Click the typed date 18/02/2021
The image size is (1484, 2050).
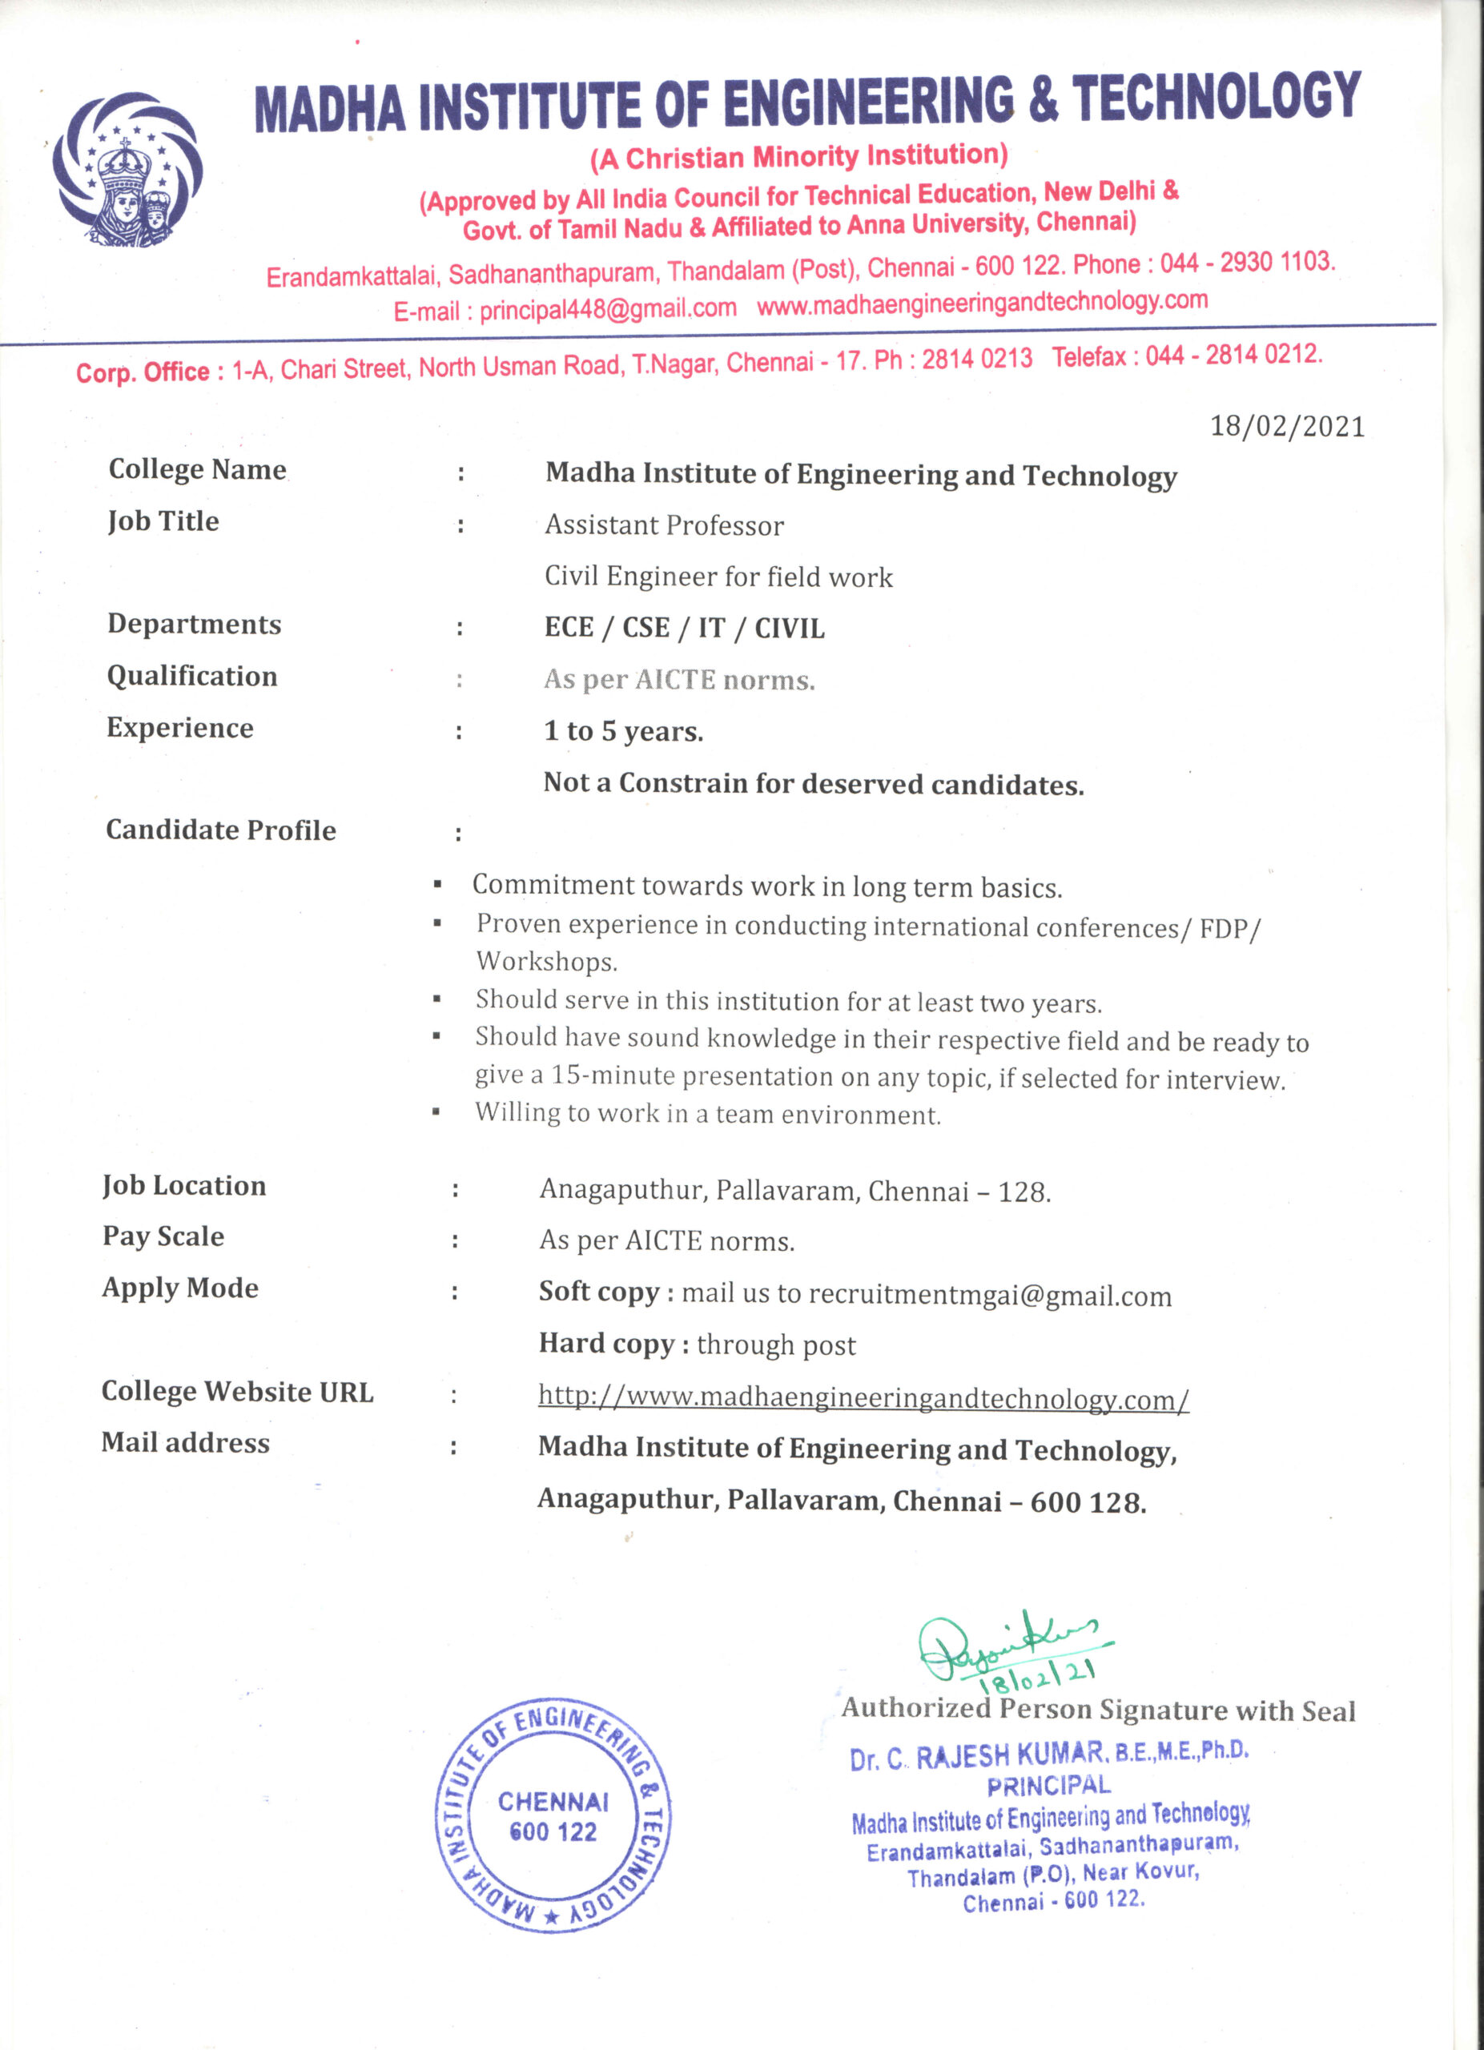[x=1287, y=427]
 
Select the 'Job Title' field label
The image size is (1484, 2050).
[x=163, y=521]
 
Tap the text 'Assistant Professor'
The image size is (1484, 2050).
[x=664, y=526]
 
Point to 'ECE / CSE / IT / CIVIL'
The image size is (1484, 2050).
[x=684, y=628]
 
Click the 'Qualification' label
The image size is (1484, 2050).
[x=191, y=676]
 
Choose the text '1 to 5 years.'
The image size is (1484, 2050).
[x=624, y=731]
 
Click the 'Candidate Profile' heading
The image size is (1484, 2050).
[x=220, y=830]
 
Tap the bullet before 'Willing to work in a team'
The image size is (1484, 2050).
[x=436, y=1112]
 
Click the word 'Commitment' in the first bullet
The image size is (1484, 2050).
[x=554, y=885]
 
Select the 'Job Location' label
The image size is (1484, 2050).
[x=184, y=1186]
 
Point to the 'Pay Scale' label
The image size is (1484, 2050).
[x=163, y=1236]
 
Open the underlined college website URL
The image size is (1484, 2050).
[x=863, y=1398]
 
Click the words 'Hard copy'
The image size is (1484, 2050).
[x=606, y=1344]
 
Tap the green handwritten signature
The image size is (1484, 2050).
[x=1003, y=1646]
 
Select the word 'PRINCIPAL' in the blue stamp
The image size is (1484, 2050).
[x=1048, y=1786]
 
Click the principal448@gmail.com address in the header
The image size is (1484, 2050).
[x=607, y=309]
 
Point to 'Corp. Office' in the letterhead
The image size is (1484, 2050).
[x=143, y=372]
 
